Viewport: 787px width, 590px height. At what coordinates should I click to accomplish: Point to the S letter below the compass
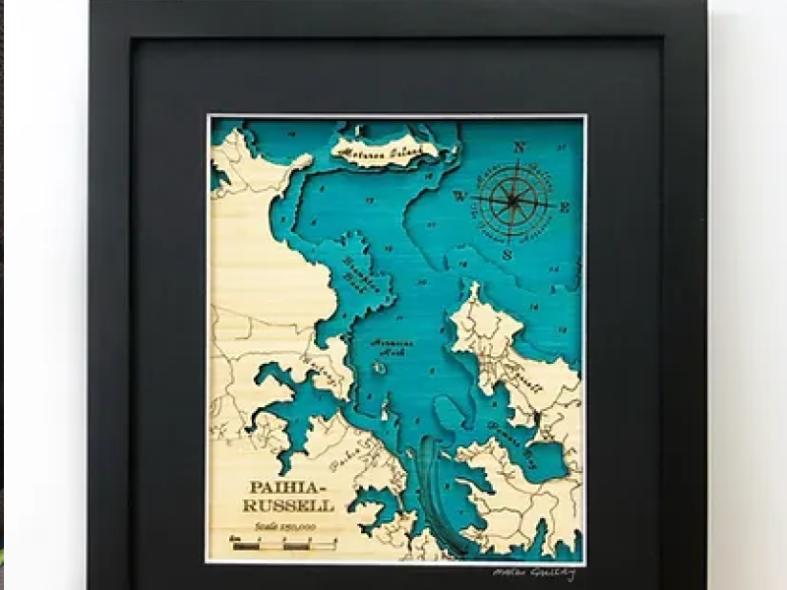pyautogui.click(x=507, y=254)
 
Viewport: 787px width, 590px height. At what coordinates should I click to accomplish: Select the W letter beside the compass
pyautogui.click(x=458, y=196)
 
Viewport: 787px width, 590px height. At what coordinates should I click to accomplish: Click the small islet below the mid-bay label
pyautogui.click(x=378, y=369)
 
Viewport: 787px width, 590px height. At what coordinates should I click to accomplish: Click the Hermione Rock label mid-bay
pyautogui.click(x=392, y=346)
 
